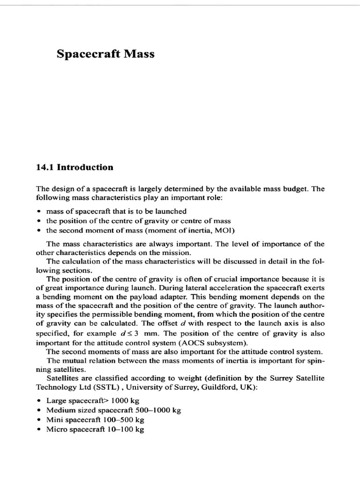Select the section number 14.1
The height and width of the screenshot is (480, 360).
[45, 167]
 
